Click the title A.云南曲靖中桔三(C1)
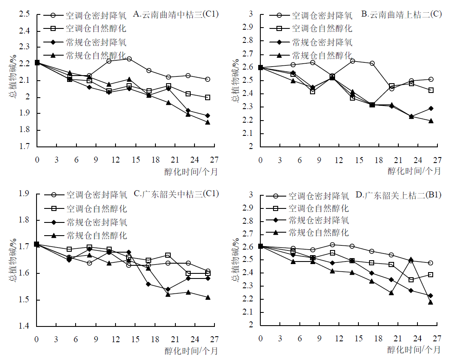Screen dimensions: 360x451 176,14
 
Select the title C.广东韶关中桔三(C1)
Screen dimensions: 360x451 176,194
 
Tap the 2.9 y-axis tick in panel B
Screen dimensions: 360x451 250,28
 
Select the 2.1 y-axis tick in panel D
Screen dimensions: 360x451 250,312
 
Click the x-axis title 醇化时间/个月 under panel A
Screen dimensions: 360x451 191,172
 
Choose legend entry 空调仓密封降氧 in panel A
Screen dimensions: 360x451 96,16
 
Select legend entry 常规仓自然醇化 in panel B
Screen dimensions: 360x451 322,55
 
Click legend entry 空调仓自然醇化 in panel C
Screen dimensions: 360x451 96,209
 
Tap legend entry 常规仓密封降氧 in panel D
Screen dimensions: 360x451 319,220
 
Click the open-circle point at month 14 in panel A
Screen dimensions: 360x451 129,59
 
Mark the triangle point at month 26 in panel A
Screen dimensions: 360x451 208,122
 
